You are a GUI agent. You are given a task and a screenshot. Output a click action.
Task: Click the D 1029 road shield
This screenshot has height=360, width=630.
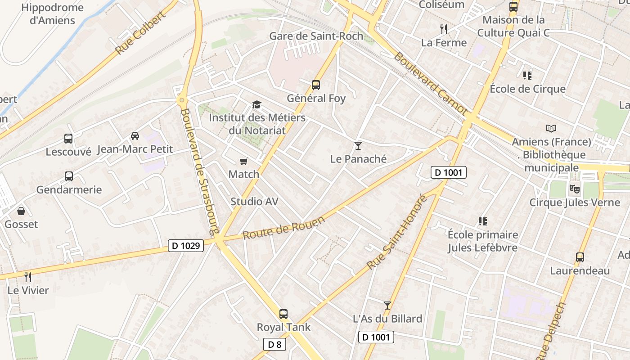186,246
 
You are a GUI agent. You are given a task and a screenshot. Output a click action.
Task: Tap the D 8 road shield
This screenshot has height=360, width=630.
274,344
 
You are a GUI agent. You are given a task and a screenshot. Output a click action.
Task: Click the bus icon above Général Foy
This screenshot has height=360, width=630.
316,85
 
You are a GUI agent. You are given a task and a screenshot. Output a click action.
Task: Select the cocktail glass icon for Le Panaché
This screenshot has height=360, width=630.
358,145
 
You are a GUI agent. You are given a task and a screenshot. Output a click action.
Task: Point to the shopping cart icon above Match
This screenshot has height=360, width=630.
244,161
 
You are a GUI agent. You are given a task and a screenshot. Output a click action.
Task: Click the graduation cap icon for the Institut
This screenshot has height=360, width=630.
256,105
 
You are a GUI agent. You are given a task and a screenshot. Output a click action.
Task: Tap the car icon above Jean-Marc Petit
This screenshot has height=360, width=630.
135,135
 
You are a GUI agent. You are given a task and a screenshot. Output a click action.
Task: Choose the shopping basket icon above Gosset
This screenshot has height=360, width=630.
21,211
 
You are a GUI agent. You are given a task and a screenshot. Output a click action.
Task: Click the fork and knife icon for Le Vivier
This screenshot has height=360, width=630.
28,277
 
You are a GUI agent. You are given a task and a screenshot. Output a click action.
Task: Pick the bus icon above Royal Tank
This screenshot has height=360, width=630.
283,314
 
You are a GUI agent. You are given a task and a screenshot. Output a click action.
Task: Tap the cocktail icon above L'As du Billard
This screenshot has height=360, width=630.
387,306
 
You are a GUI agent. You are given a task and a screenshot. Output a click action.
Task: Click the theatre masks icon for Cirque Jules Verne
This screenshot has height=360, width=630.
574,189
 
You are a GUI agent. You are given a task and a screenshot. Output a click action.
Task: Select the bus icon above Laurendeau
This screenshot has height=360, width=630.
580,257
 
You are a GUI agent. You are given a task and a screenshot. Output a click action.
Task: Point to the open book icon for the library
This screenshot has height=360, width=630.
551,129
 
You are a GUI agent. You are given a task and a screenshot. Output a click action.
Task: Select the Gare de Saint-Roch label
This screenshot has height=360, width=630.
316,36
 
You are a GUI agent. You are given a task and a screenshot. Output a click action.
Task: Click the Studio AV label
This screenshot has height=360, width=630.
254,202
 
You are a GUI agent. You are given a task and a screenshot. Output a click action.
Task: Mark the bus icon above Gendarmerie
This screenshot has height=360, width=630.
69,176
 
